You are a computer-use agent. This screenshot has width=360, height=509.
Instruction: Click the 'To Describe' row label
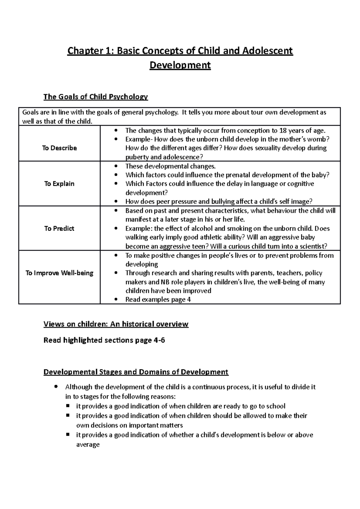point(59,148)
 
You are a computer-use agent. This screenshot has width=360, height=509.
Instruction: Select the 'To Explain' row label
point(59,184)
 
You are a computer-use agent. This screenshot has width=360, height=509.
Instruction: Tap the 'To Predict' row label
point(59,228)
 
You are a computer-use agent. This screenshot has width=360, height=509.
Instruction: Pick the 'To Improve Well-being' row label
point(59,273)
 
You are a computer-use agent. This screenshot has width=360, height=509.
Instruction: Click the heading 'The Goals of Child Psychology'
point(96,97)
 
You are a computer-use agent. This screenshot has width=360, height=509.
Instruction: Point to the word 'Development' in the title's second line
point(180,65)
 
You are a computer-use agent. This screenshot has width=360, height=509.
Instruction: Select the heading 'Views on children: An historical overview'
point(116,324)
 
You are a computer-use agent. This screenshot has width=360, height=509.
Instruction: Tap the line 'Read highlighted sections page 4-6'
point(104,340)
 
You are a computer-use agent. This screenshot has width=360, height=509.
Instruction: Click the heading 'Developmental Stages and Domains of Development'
point(136,372)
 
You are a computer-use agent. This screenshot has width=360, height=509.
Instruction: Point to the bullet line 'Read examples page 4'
point(158,299)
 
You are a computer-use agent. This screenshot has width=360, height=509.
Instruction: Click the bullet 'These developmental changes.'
point(170,166)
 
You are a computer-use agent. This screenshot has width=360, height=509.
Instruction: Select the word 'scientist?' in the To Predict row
point(312,246)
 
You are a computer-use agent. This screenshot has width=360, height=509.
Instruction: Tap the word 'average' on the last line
point(88,445)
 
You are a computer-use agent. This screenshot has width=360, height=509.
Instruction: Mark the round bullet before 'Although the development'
point(56,387)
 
